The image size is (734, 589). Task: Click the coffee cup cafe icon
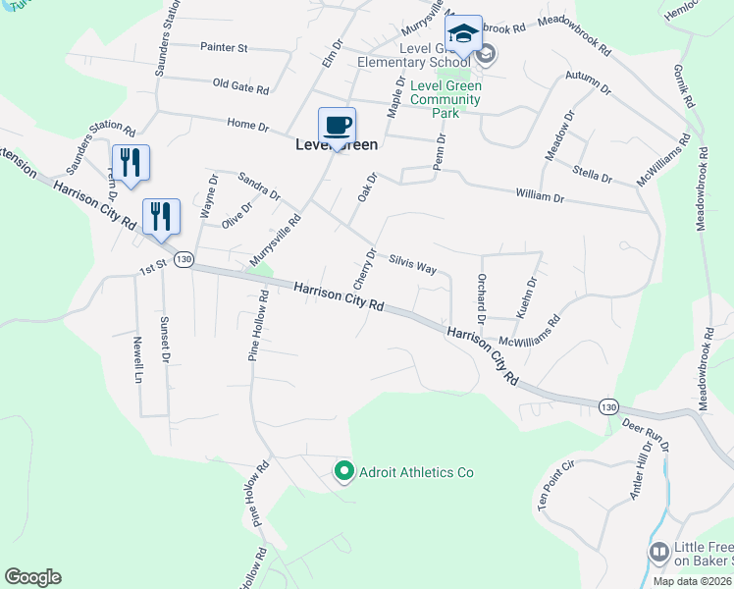pyautogui.click(x=337, y=126)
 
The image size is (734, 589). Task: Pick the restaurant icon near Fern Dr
pyautogui.click(x=130, y=163)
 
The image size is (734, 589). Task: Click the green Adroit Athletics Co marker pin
pyautogui.click(x=343, y=472)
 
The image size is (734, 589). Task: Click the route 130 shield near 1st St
pyautogui.click(x=183, y=259)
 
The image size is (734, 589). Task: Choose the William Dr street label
pyautogui.click(x=539, y=197)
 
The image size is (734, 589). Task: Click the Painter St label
pyautogui.click(x=224, y=47)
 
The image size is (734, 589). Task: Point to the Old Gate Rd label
pyautogui.click(x=240, y=86)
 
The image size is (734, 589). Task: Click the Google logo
pyautogui.click(x=32, y=577)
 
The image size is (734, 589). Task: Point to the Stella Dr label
pyautogui.click(x=593, y=178)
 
